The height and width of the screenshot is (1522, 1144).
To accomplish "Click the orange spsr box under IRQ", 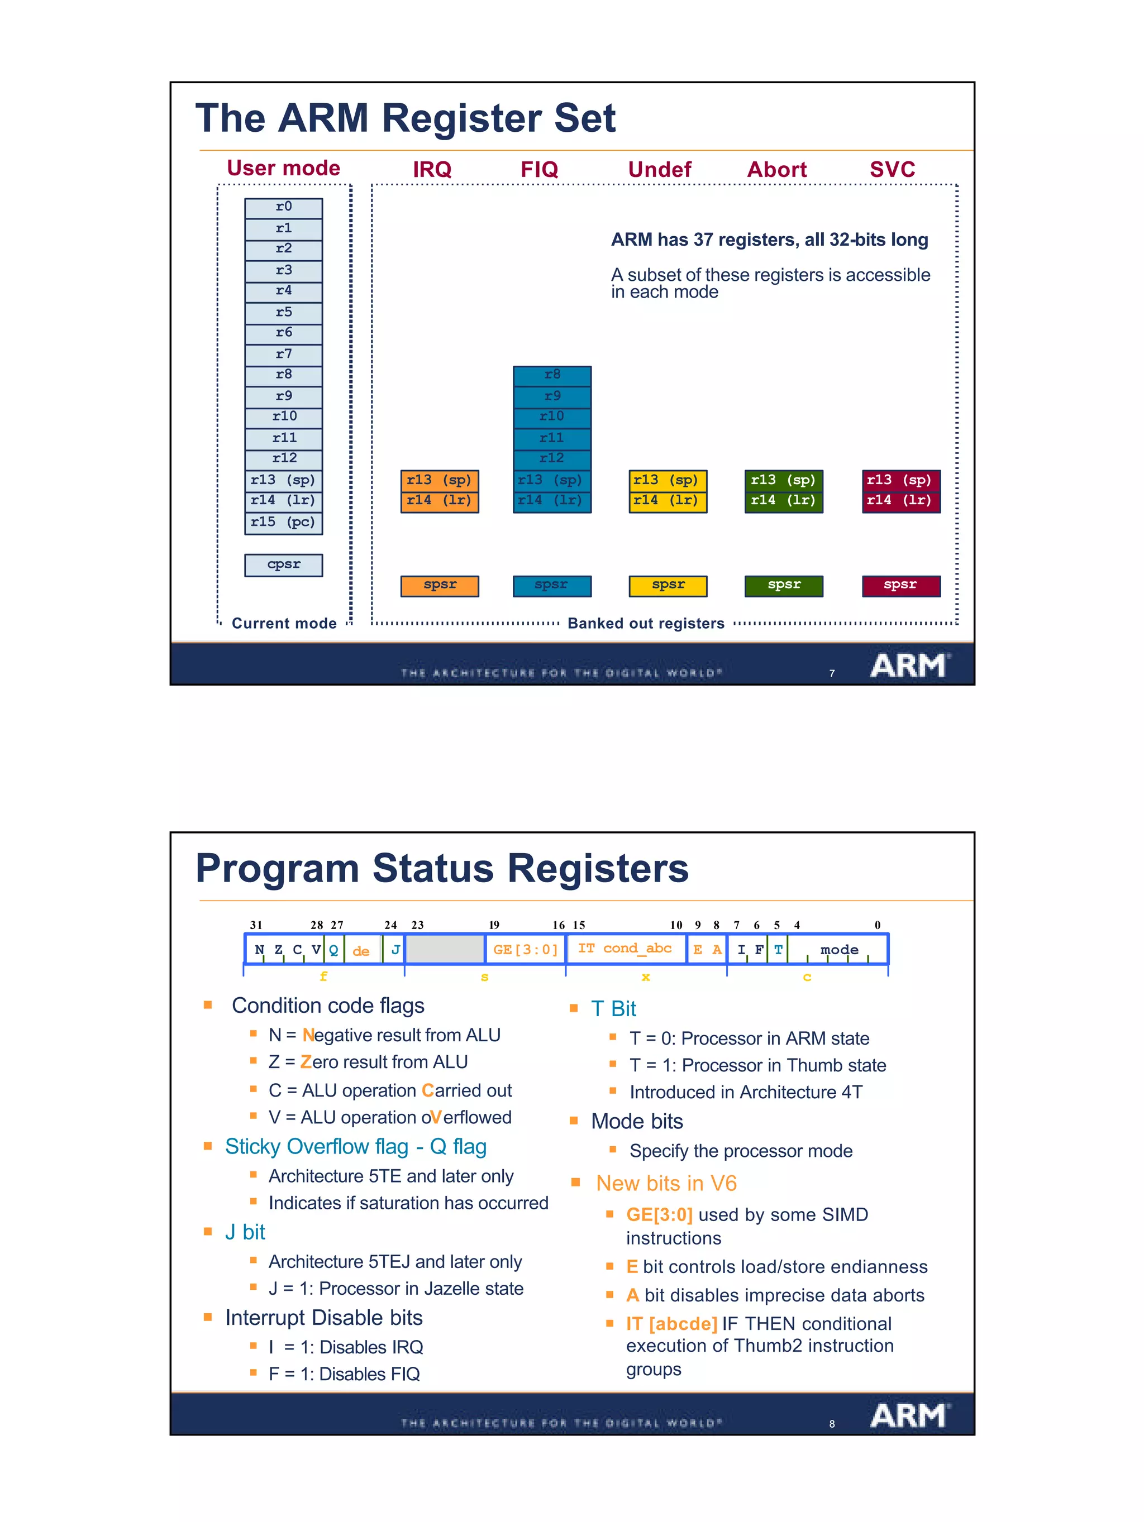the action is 439,586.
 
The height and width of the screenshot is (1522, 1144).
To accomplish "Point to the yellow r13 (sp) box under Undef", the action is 667,480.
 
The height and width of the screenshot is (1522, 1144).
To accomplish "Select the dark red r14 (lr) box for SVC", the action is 900,501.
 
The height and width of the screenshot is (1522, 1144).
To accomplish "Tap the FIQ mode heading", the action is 539,169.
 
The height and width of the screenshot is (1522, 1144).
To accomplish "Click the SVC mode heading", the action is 892,169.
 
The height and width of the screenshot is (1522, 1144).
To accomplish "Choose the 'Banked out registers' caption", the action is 646,624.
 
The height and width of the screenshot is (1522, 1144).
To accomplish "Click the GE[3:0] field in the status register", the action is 525,950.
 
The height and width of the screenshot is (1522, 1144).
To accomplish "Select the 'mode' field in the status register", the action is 839,950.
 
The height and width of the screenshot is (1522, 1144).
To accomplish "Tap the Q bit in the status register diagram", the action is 334,950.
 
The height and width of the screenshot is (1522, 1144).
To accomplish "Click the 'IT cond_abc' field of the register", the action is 625,948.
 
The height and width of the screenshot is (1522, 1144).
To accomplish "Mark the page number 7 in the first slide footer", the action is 832,673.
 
